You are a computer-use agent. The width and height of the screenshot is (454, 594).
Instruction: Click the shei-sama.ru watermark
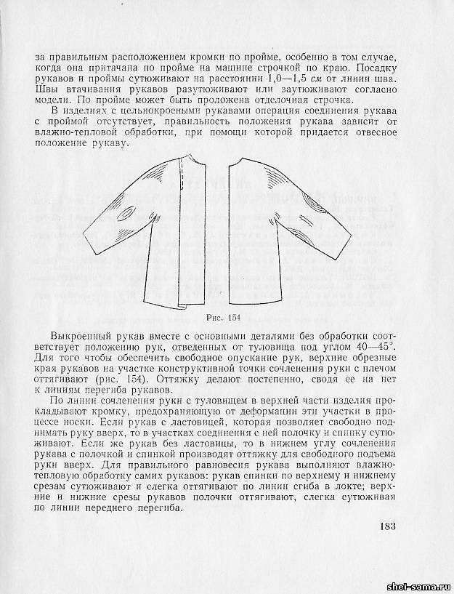pos(421,586)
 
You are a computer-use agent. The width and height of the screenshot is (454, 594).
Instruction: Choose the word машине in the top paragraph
pos(221,68)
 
